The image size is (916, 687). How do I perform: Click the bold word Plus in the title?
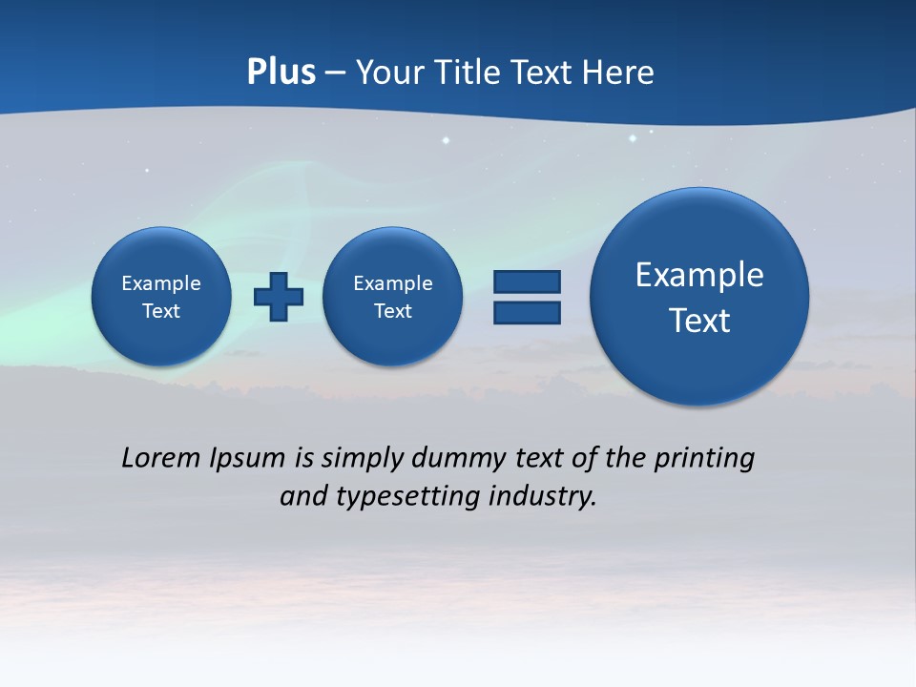point(281,73)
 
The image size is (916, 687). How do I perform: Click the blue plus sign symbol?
point(279,297)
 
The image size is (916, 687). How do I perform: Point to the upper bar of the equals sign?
point(527,282)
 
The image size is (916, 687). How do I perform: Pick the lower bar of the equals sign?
point(527,313)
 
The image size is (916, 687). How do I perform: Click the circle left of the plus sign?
point(161,297)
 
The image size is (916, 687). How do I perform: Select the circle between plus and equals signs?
point(393,297)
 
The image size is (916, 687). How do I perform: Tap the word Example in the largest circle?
point(699,275)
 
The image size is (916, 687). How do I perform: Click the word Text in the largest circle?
point(699,321)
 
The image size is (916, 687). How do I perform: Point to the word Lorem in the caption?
point(161,458)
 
